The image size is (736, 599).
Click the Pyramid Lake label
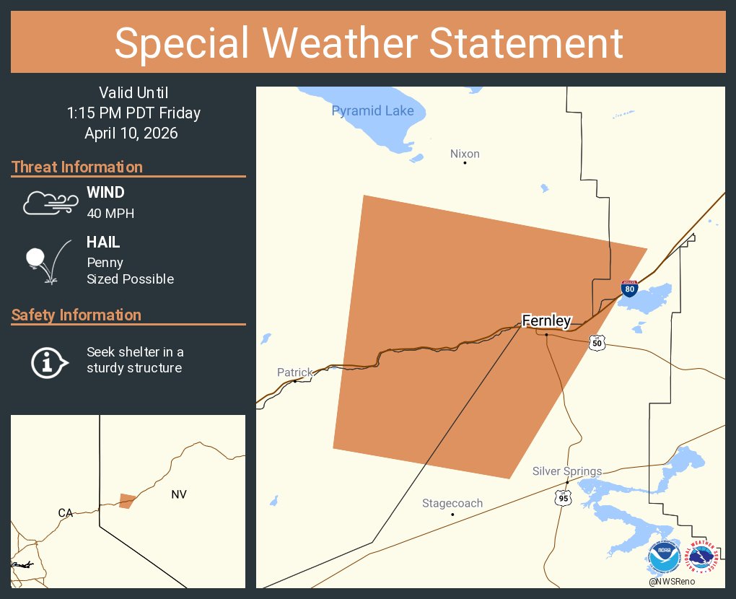pyautogui.click(x=372, y=110)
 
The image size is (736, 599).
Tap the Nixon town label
pyautogui.click(x=465, y=154)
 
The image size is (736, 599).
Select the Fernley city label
pyautogui.click(x=546, y=321)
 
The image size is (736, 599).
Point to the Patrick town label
pyautogui.click(x=295, y=372)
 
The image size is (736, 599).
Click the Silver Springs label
pyautogui.click(x=566, y=471)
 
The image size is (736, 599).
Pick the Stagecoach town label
pyautogui.click(x=452, y=503)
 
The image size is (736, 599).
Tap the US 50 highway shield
pyautogui.click(x=596, y=343)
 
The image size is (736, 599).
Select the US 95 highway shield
pyautogui.click(x=563, y=497)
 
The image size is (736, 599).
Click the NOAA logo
pyautogui.click(x=665, y=558)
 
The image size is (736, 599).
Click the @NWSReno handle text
pyautogui.click(x=672, y=582)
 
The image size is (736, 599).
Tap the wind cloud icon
pyautogui.click(x=50, y=203)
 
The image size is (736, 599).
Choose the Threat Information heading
pyautogui.click(x=77, y=167)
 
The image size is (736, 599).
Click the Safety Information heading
pyautogui.click(x=76, y=315)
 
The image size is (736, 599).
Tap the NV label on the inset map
pyautogui.click(x=179, y=494)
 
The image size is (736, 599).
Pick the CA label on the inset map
pyautogui.click(x=66, y=513)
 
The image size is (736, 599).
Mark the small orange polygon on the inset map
pyautogui.click(x=127, y=500)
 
